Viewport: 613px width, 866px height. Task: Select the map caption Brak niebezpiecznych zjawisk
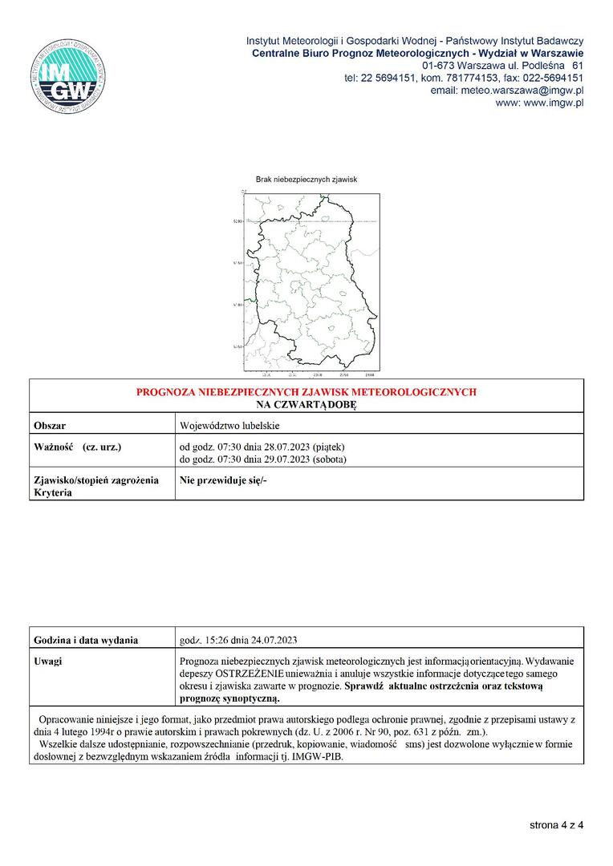(x=306, y=180)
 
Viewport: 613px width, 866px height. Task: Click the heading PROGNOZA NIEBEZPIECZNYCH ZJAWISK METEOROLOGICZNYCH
(x=306, y=392)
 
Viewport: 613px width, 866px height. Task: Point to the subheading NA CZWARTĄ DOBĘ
(x=306, y=406)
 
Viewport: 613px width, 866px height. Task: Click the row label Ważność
(x=54, y=446)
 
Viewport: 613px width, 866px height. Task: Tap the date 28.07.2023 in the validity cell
(x=276, y=447)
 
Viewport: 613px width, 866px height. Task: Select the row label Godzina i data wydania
(x=86, y=640)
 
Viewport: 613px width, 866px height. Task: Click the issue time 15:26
(x=217, y=640)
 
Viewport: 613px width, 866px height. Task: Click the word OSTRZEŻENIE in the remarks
(x=245, y=674)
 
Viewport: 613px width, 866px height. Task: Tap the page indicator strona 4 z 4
(x=556, y=824)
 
